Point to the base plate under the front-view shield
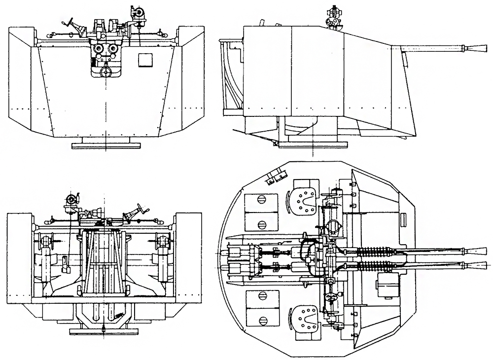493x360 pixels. (106, 144)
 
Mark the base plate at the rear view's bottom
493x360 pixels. (104, 331)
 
